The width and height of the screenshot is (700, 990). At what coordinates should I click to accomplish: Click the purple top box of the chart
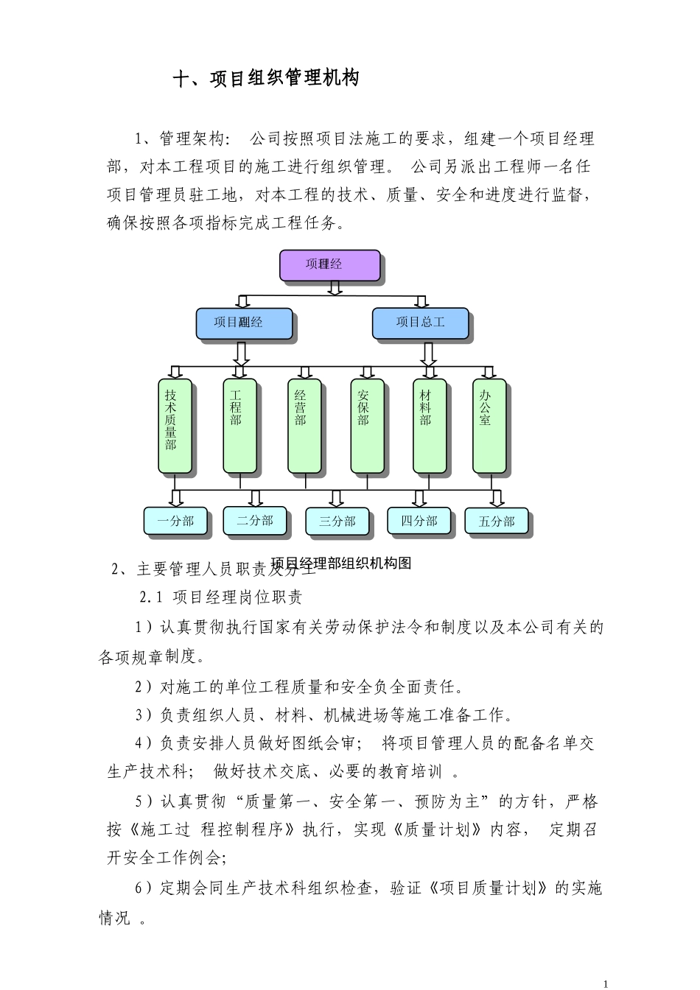(x=329, y=265)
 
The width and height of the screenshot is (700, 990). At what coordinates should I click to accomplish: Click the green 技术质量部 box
(x=175, y=425)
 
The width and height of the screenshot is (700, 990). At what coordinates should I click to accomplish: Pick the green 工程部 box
(x=239, y=425)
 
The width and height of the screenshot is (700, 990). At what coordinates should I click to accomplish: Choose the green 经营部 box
(x=304, y=425)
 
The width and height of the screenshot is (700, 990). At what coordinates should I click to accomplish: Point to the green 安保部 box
(x=367, y=425)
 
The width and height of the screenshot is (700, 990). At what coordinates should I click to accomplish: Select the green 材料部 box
(x=430, y=425)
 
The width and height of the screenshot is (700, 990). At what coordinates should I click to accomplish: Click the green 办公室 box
(x=489, y=425)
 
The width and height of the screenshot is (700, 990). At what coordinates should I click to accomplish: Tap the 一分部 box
(x=175, y=521)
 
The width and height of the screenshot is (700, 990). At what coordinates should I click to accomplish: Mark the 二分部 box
(x=255, y=521)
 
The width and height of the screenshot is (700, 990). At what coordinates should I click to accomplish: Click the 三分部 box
(x=337, y=522)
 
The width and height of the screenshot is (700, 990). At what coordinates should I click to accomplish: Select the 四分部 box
(x=419, y=521)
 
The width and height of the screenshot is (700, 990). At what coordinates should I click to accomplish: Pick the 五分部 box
(x=497, y=522)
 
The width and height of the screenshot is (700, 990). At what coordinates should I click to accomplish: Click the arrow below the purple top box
(x=335, y=288)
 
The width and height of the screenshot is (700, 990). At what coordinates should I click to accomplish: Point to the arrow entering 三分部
(x=336, y=499)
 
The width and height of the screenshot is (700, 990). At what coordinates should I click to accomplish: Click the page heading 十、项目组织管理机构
(x=266, y=79)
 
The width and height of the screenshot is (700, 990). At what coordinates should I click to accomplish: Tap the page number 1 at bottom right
(x=605, y=983)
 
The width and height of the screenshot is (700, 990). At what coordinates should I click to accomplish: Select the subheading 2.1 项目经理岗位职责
(x=221, y=597)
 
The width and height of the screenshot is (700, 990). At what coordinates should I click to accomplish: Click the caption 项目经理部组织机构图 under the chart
(x=341, y=564)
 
